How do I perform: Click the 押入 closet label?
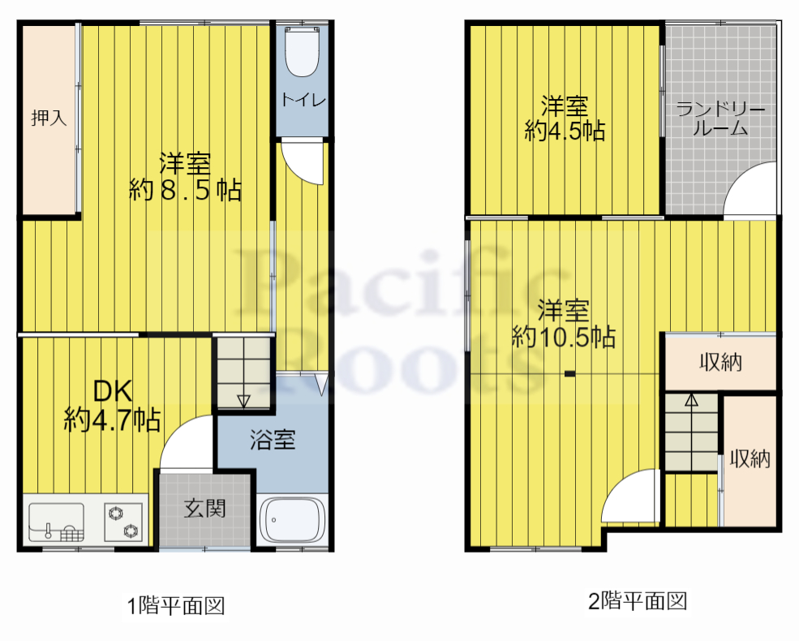49,118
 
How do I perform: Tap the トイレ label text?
303,100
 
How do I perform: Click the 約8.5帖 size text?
185,191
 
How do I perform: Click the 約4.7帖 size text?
113,419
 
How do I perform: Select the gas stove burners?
123,522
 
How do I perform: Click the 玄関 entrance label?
204,509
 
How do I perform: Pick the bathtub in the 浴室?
293,520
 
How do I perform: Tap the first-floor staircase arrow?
243,399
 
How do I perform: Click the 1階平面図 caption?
174,605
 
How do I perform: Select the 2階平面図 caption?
638,601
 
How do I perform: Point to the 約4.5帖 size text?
565,131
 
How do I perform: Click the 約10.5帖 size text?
563,336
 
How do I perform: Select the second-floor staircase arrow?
690,399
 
